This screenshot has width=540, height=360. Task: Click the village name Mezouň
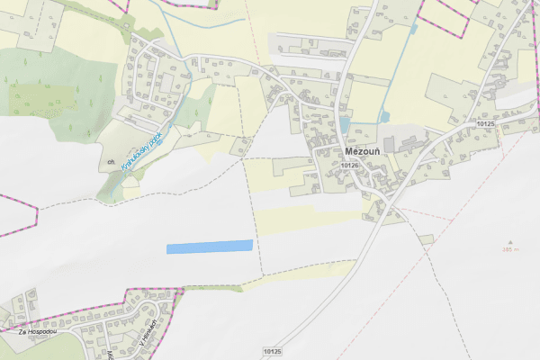pos(364,152)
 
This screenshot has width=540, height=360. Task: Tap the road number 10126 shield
pos(350,166)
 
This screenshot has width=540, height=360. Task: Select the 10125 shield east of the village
pos(487,122)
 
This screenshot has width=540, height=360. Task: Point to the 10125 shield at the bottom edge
pos(274,350)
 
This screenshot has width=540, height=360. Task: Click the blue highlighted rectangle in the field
pos(210,246)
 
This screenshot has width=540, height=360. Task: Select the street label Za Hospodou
pos(39,332)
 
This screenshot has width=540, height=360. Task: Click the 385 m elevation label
pos(511,250)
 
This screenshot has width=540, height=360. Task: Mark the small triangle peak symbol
pos(511,241)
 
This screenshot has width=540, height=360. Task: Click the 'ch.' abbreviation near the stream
pos(111,163)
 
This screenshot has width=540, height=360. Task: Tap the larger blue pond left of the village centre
pos(345,125)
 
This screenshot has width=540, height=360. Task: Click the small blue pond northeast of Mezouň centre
pos(384,116)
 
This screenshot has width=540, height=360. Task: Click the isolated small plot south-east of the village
pos(426,240)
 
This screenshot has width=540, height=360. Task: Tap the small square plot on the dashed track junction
pos(240,147)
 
